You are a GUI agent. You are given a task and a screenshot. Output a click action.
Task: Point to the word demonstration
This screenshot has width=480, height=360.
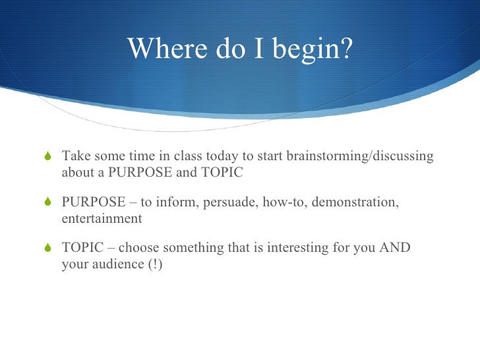click(x=355, y=201)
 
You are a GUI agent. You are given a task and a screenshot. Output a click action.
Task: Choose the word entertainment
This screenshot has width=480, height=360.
click(x=102, y=218)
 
